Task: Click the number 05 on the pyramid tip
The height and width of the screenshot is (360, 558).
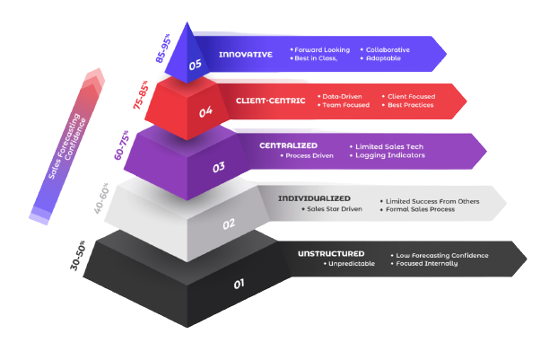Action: [195, 65]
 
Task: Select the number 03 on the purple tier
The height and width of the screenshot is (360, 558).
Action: [219, 166]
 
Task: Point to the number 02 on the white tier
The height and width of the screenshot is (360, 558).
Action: [229, 224]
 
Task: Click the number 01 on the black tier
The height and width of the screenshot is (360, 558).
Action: [240, 285]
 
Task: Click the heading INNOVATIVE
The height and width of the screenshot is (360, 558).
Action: [245, 54]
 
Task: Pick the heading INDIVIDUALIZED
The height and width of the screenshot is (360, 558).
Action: [313, 198]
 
